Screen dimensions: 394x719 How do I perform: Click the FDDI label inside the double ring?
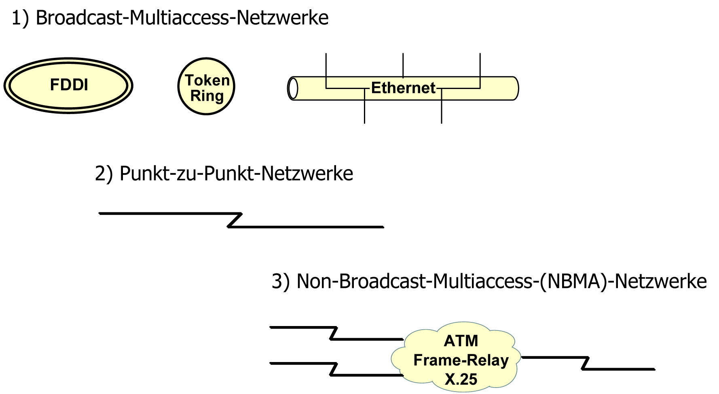(69, 85)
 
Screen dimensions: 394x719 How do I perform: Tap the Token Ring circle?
(207, 87)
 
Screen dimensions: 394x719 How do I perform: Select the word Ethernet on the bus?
(403, 88)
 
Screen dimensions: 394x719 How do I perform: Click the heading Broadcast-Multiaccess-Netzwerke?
(182, 18)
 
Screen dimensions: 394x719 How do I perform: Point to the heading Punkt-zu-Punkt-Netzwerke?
(236, 174)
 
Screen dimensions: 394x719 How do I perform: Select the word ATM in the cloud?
(461, 341)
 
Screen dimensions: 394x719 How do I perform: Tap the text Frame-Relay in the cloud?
(461, 360)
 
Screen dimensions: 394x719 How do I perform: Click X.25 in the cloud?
(461, 379)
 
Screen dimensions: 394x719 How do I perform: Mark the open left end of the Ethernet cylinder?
(293, 88)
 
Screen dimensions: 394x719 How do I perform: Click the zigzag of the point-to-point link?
(235, 220)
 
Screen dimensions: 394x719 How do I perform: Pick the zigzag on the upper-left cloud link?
(334, 333)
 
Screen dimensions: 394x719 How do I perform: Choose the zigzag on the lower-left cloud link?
(334, 369)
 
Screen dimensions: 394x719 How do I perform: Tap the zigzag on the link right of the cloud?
(585, 363)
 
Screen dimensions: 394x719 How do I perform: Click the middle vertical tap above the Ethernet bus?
(403, 65)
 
